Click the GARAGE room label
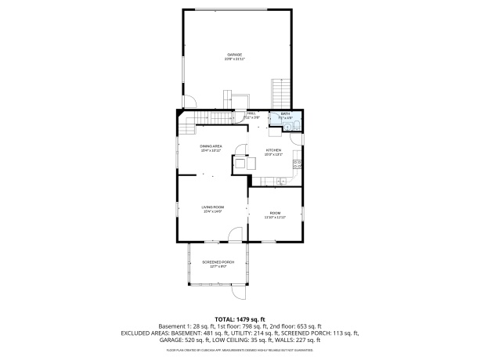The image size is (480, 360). [x=234, y=54]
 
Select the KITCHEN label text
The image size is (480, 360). [x=273, y=149]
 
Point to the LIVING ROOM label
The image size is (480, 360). [x=213, y=207]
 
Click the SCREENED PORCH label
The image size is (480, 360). [x=218, y=261]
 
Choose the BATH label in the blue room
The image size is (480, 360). [x=285, y=114]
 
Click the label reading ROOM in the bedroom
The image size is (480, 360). [x=275, y=213]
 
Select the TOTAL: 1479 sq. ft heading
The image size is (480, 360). [x=240, y=319]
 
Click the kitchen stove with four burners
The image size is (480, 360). [x=298, y=164]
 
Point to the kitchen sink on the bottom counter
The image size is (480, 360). [x=281, y=181]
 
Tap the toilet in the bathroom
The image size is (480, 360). [x=288, y=125]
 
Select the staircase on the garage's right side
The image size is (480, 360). [x=281, y=94]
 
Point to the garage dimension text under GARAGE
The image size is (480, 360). [x=234, y=59]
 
